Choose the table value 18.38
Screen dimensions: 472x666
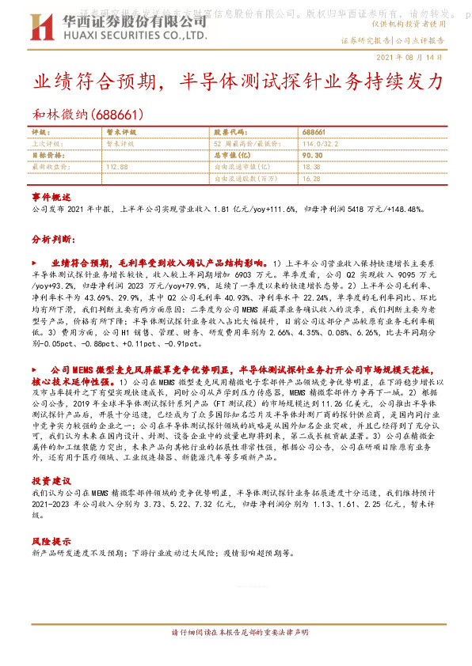click(311, 167)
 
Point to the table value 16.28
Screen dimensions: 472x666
click(311, 179)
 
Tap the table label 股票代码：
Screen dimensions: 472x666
click(230, 132)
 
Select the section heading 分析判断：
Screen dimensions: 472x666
click(53, 237)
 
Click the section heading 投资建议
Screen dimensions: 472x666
click(51, 480)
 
